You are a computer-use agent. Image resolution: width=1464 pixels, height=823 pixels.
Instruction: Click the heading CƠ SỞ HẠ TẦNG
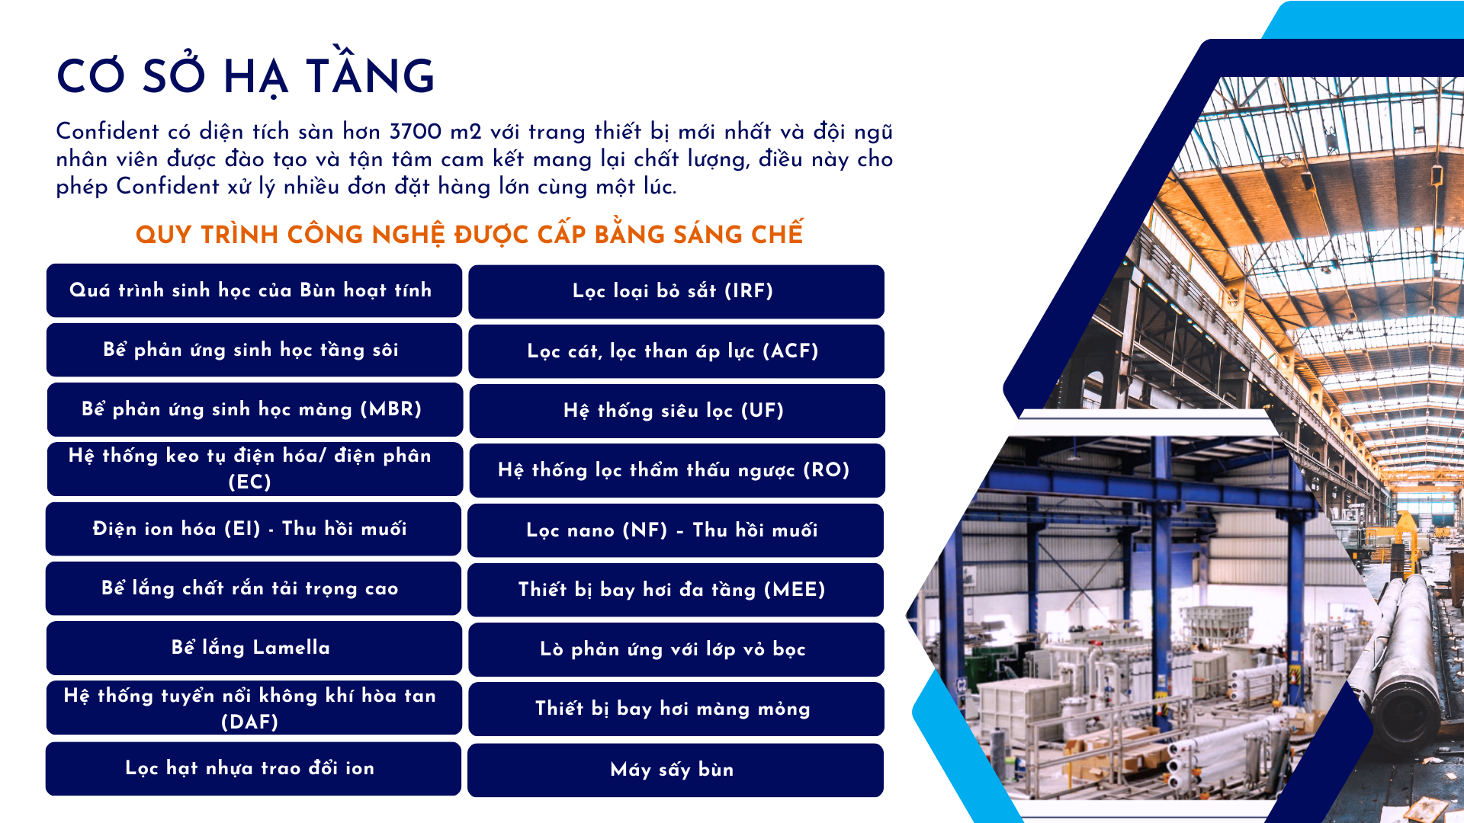[x=246, y=76]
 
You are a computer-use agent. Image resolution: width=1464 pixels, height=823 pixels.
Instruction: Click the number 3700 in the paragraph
[x=416, y=131]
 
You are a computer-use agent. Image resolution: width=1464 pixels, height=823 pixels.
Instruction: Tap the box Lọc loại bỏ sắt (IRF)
[x=676, y=291]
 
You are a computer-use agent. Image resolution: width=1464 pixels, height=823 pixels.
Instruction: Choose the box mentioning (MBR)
[x=255, y=409]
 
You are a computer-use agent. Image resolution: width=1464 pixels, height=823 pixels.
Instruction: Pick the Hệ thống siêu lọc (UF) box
[x=676, y=411]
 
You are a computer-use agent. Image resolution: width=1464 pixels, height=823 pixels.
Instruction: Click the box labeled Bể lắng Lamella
[x=254, y=648]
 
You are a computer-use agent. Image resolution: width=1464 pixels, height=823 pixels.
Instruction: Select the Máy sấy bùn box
[x=676, y=770]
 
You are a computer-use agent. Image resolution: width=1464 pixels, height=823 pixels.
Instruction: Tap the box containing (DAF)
[x=254, y=708]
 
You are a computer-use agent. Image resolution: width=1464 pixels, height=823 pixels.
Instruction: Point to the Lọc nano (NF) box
[x=676, y=530]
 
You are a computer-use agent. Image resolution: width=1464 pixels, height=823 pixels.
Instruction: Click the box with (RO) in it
[x=677, y=470]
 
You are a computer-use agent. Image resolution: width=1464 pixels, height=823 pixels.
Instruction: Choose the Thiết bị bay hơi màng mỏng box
[x=676, y=709]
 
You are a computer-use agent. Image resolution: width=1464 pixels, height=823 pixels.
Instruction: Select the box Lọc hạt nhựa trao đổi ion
[x=253, y=768]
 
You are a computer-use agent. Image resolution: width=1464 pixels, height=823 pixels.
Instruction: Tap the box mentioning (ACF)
[x=676, y=351]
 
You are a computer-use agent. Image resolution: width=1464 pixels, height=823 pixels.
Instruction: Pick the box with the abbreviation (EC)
[x=255, y=469]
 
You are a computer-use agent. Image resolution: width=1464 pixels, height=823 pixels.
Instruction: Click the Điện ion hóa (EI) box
[x=253, y=529]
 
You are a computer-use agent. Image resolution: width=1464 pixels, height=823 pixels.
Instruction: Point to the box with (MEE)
[x=676, y=590]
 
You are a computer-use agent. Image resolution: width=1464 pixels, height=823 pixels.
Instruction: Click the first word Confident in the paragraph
[x=108, y=131]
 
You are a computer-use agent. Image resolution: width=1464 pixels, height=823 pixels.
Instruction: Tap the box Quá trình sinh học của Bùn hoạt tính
[x=254, y=290]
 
